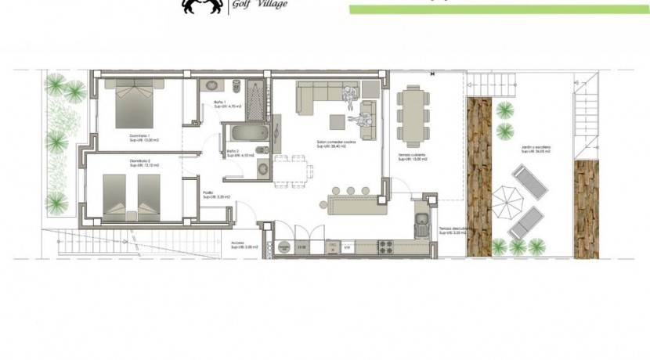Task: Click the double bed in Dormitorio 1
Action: [x=136, y=105]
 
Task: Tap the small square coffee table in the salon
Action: [x=336, y=122]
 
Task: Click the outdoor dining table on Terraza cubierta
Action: [x=412, y=113]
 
